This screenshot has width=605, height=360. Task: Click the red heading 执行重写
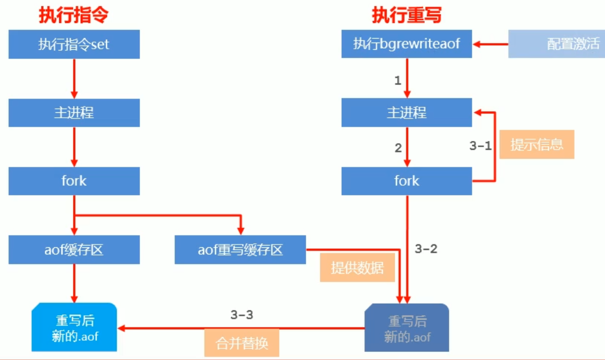(406, 15)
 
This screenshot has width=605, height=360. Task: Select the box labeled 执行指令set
(74, 44)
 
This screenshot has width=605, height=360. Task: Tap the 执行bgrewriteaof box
(406, 44)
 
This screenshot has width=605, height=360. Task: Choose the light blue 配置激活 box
(556, 44)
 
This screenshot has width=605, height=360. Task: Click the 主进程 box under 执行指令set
(74, 113)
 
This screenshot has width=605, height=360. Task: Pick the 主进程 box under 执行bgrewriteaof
(406, 113)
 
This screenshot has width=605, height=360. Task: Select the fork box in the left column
(74, 181)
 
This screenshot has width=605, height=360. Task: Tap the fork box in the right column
(406, 181)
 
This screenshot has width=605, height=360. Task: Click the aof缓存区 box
(74, 249)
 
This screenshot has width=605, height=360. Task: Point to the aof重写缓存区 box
(240, 249)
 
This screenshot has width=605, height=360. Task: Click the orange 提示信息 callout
(536, 145)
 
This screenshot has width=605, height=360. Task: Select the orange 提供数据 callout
(357, 268)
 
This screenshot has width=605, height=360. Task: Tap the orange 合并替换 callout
(242, 343)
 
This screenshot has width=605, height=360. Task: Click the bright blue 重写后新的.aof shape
(75, 327)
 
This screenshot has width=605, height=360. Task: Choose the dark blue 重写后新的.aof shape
(407, 328)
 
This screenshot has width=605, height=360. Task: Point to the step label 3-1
(480, 145)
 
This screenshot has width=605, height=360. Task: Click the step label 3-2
(426, 249)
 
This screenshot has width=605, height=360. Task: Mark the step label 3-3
(242, 315)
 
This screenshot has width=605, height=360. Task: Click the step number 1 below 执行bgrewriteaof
(397, 81)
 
